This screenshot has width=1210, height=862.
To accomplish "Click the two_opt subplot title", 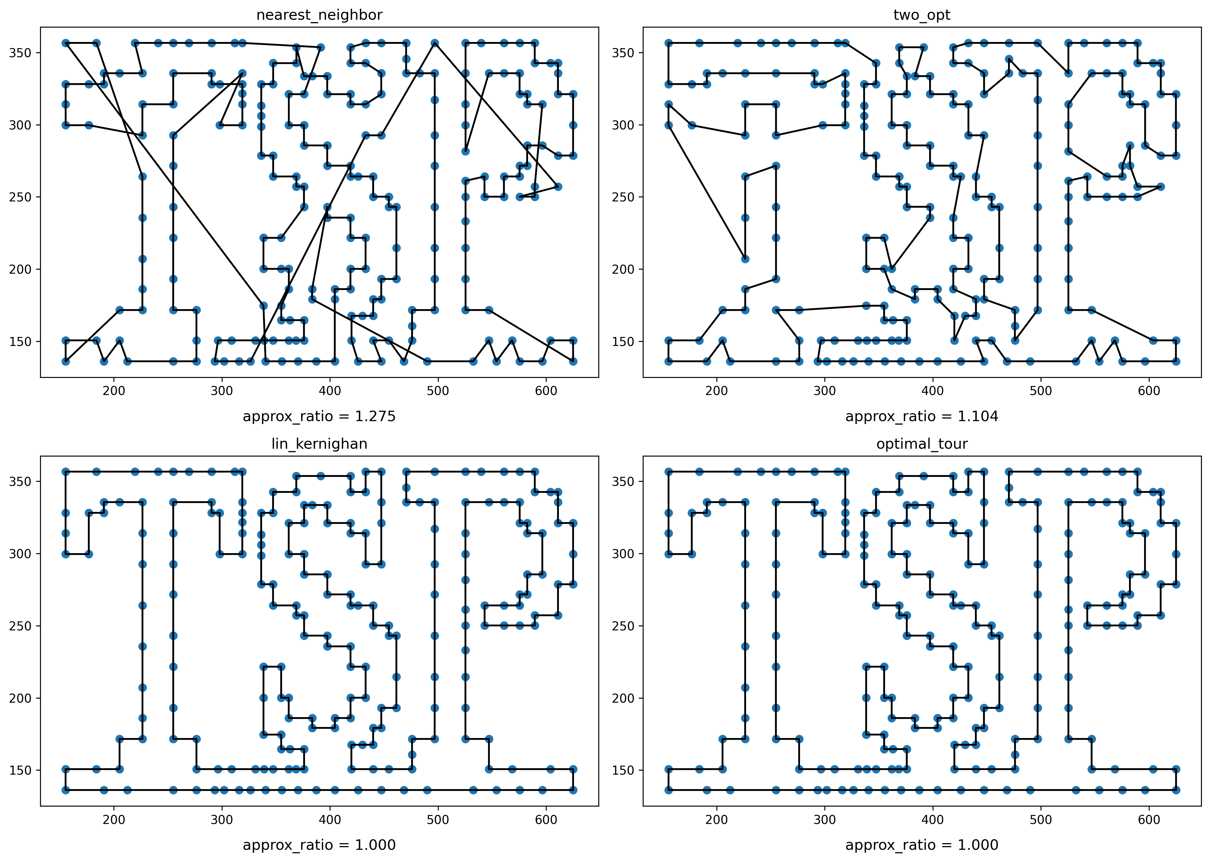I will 922,15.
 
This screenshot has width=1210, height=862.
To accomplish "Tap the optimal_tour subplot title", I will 922,444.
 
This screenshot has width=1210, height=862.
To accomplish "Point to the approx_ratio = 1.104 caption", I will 922,417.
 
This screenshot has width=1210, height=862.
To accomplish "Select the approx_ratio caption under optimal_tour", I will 922,845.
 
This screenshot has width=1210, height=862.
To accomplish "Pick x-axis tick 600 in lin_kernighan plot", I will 546,820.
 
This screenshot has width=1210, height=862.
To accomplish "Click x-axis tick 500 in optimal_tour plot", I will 1041,820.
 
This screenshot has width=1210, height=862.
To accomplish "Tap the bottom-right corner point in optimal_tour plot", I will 1176,790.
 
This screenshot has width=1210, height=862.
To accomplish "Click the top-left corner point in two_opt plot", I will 669,43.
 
